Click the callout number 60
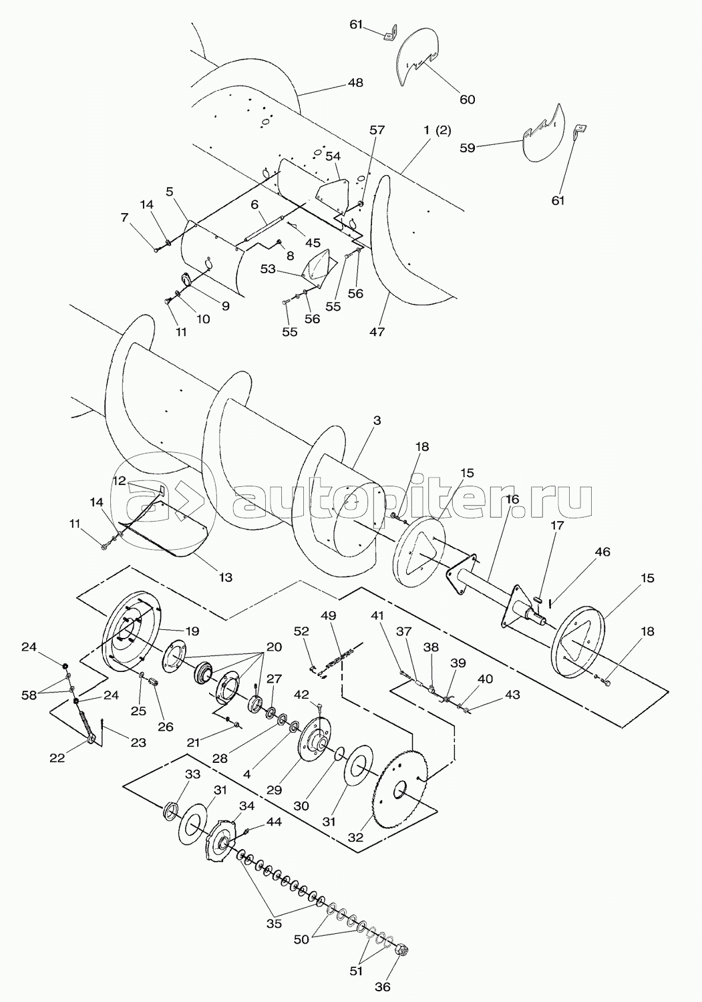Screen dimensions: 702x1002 pos(467,100)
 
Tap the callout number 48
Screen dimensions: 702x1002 pos(355,83)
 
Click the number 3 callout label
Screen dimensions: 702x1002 pos(377,420)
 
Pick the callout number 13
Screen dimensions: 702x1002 pos(226,577)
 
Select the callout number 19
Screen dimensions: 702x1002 pos(192,631)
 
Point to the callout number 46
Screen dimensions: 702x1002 pos(602,552)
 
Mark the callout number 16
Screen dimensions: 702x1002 pos(512,500)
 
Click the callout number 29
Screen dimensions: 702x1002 pos(275,790)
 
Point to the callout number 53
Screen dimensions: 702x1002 pos(268,270)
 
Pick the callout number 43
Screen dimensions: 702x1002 pos(512,695)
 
